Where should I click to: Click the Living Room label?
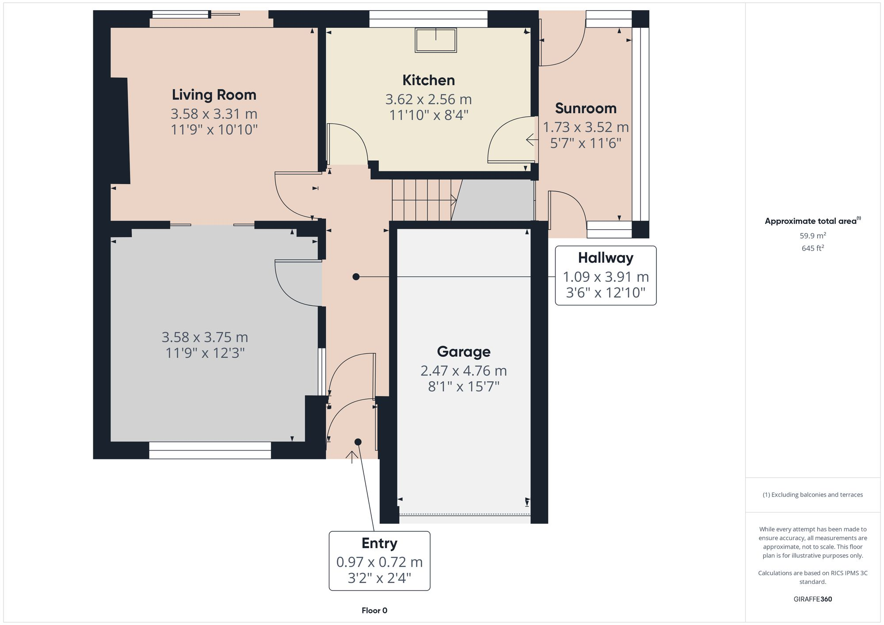pos(214,95)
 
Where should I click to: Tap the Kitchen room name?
pos(428,80)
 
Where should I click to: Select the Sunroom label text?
pos(586,108)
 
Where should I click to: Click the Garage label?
pos(464,352)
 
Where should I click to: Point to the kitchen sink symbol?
pos(436,40)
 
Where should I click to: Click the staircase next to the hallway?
pos(423,200)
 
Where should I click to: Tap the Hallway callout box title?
pos(606,258)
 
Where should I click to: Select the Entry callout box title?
pos(379,543)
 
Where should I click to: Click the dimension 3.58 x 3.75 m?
pos(205,337)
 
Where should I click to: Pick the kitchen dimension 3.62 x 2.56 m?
pos(428,99)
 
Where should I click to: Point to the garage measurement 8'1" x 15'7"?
pos(464,387)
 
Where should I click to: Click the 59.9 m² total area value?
pos(812,236)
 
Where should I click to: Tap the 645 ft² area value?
pos(812,248)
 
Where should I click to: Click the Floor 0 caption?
pos(374,610)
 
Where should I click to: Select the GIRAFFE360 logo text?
pos(812,599)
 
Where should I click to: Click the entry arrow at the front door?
pos(352,457)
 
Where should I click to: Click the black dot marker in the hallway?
pos(356,277)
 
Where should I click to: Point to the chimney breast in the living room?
pos(119,131)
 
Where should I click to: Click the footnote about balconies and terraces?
pos(812,495)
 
